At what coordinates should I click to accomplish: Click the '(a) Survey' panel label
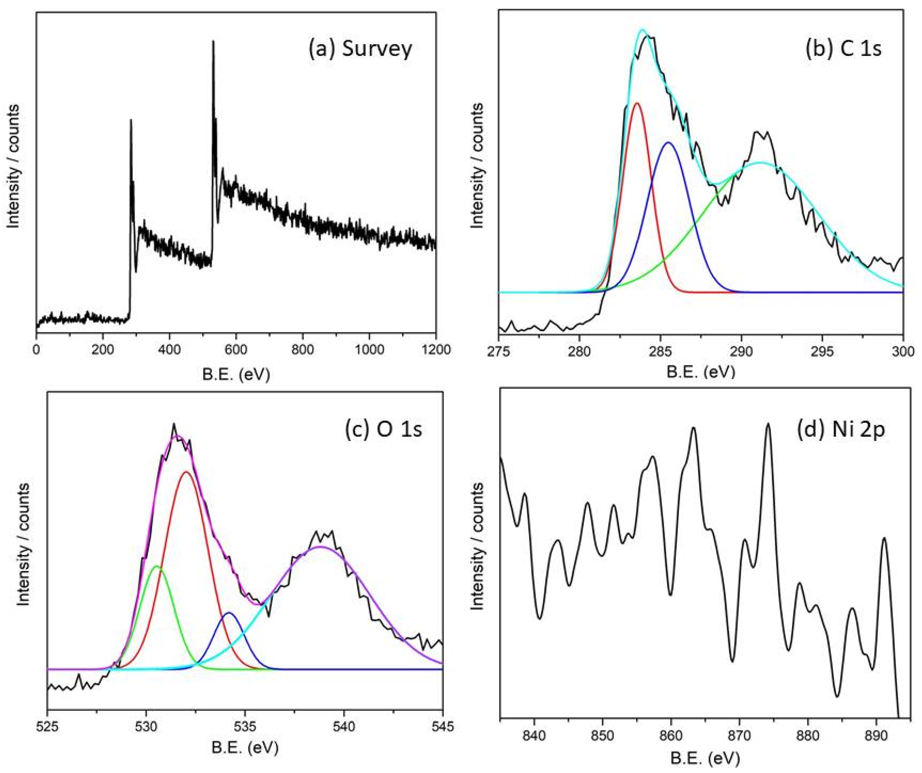tap(360, 49)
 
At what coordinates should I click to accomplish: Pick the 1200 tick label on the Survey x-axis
tap(436, 350)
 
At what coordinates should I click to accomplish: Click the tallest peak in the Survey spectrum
tap(213, 42)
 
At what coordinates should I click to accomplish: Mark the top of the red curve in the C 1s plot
tap(637, 103)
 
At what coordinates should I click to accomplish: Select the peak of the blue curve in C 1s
tap(669, 142)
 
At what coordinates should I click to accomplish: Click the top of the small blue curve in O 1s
tap(229, 613)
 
